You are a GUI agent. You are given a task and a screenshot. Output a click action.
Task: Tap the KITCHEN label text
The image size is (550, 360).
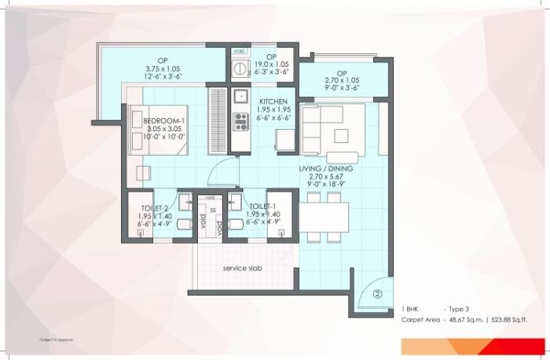click(x=274, y=101)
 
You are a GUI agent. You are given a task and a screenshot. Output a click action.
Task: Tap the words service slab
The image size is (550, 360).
click(x=242, y=268)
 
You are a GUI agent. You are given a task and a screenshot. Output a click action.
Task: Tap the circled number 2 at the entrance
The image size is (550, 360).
click(x=377, y=295)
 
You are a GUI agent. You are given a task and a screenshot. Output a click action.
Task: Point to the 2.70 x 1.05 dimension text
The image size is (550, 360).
click(x=342, y=80)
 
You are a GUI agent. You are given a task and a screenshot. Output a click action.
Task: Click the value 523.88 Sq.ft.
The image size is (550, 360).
click(x=508, y=321)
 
